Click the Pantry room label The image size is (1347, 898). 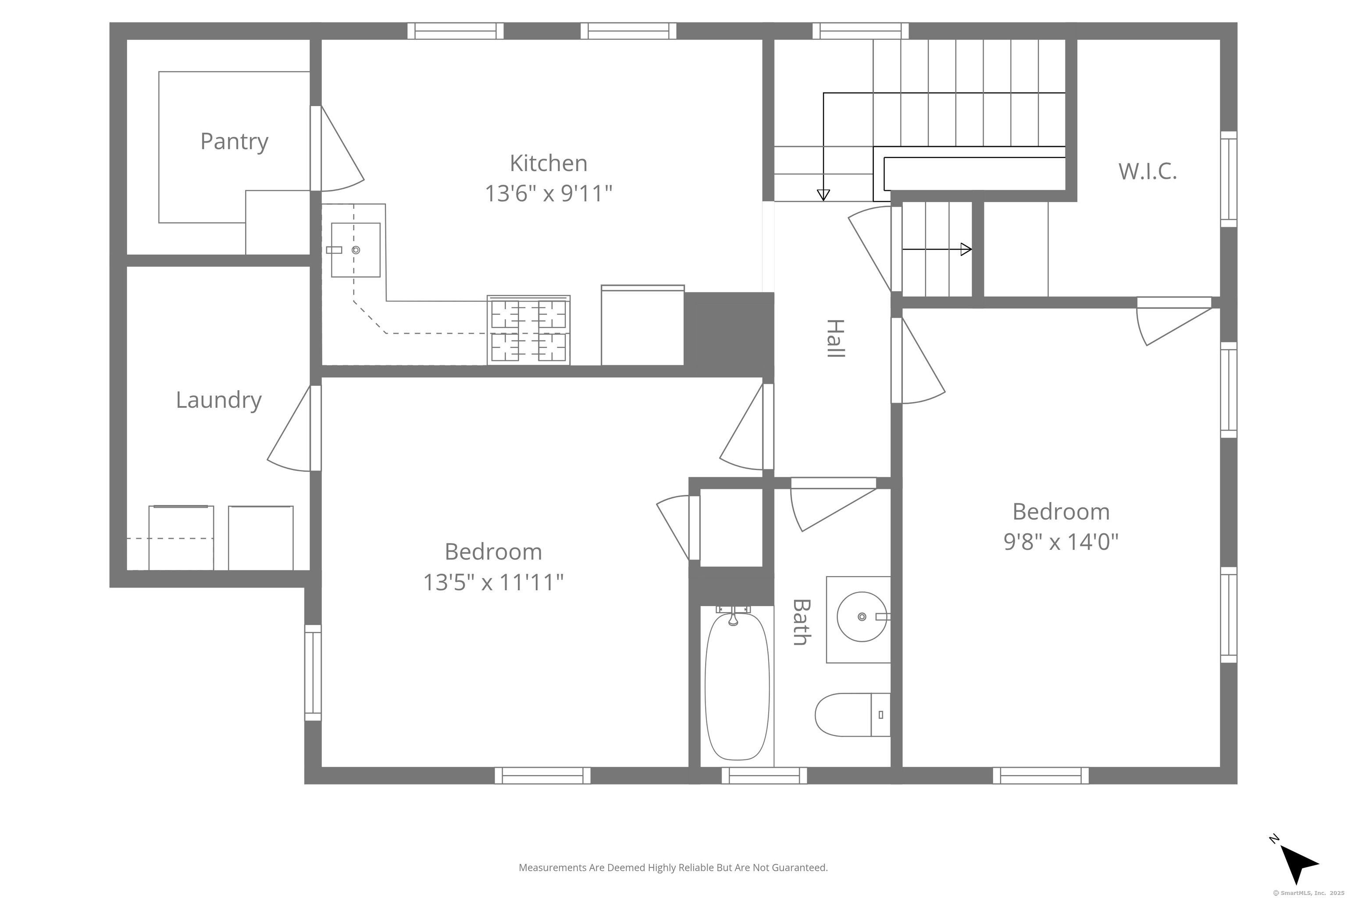pos(234,142)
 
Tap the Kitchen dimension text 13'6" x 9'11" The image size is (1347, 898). pos(549,193)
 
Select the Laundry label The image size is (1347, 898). pos(219,400)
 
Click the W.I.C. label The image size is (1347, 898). pos(1147,171)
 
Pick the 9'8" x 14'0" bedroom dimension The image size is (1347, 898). pos(1061,541)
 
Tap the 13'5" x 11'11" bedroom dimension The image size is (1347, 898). pos(493,582)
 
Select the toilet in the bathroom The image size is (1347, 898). pos(853,715)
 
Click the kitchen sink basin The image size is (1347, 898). pos(356,250)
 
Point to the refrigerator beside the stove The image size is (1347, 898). pos(642,325)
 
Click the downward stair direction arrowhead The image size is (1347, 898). pos(823,195)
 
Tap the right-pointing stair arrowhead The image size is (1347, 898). pos(966,249)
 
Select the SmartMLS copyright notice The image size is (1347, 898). pos(1308,893)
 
